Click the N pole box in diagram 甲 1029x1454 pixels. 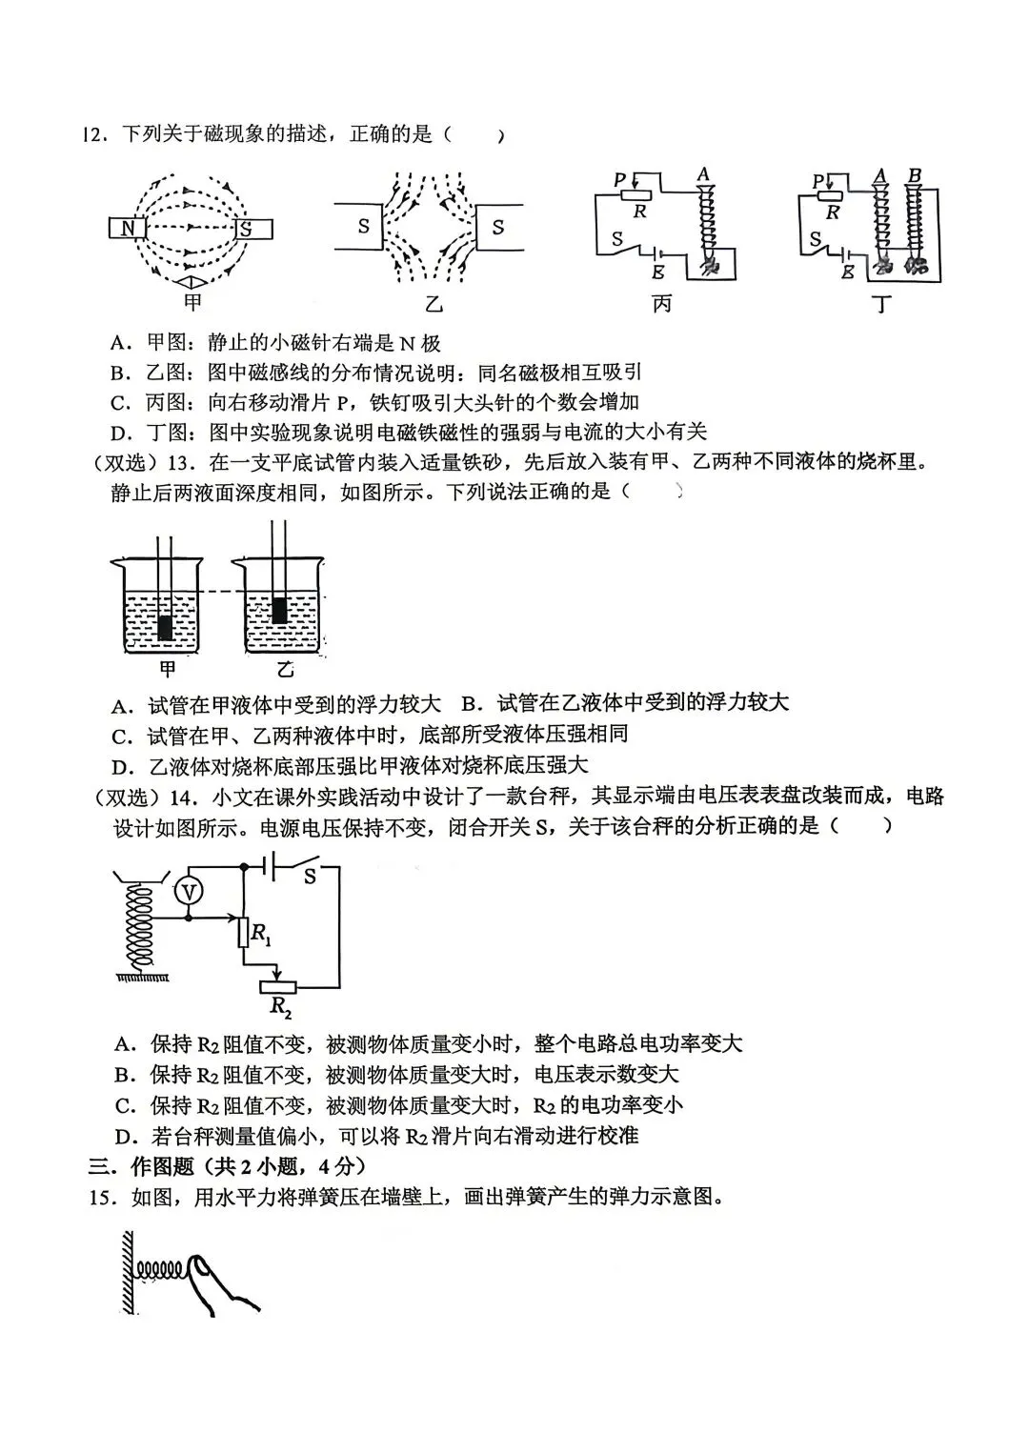coord(125,229)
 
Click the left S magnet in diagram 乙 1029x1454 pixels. coord(359,227)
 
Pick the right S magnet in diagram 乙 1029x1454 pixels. coord(498,227)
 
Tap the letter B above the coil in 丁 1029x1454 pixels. coord(915,176)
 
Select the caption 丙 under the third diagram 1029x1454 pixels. coord(661,304)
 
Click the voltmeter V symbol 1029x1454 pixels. coord(190,891)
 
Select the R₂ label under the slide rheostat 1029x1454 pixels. coord(279,1006)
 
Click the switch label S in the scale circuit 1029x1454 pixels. coord(310,878)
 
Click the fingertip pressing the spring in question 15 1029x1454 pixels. coord(201,1267)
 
